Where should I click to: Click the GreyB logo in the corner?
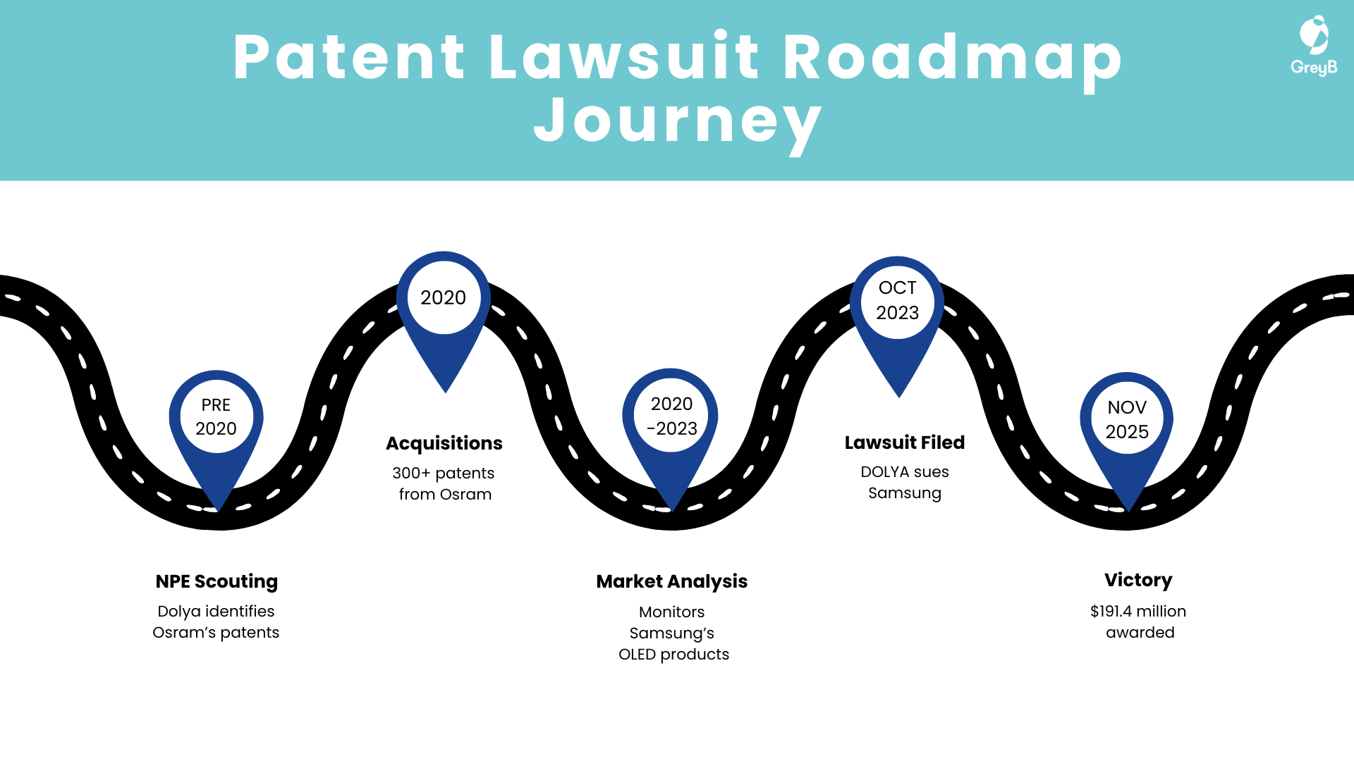coord(1314,46)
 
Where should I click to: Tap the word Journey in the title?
coord(678,121)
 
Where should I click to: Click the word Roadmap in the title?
coord(952,58)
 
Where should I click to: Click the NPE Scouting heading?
coord(216,581)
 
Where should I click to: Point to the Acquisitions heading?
coord(444,443)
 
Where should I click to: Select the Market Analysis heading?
coord(671,581)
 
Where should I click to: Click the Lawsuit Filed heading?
coord(905,443)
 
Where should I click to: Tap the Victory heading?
coord(1138,580)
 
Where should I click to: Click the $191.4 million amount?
coord(1138,611)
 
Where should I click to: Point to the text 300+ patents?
coord(444,473)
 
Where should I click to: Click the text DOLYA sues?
coord(905,471)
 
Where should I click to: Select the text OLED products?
coord(673,654)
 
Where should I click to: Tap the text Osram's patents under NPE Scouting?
coord(216,632)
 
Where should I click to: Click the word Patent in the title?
coord(349,58)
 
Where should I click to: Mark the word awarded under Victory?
coord(1140,632)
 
